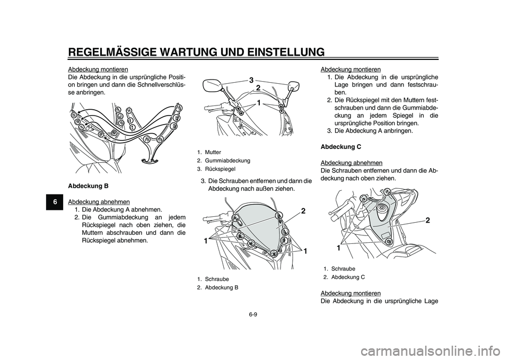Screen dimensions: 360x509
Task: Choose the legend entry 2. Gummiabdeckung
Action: [x=223, y=160]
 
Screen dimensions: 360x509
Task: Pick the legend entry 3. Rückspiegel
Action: [x=216, y=168]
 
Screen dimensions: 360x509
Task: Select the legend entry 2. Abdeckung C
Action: [x=344, y=277]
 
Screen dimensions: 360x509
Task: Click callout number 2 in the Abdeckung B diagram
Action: [x=303, y=212]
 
